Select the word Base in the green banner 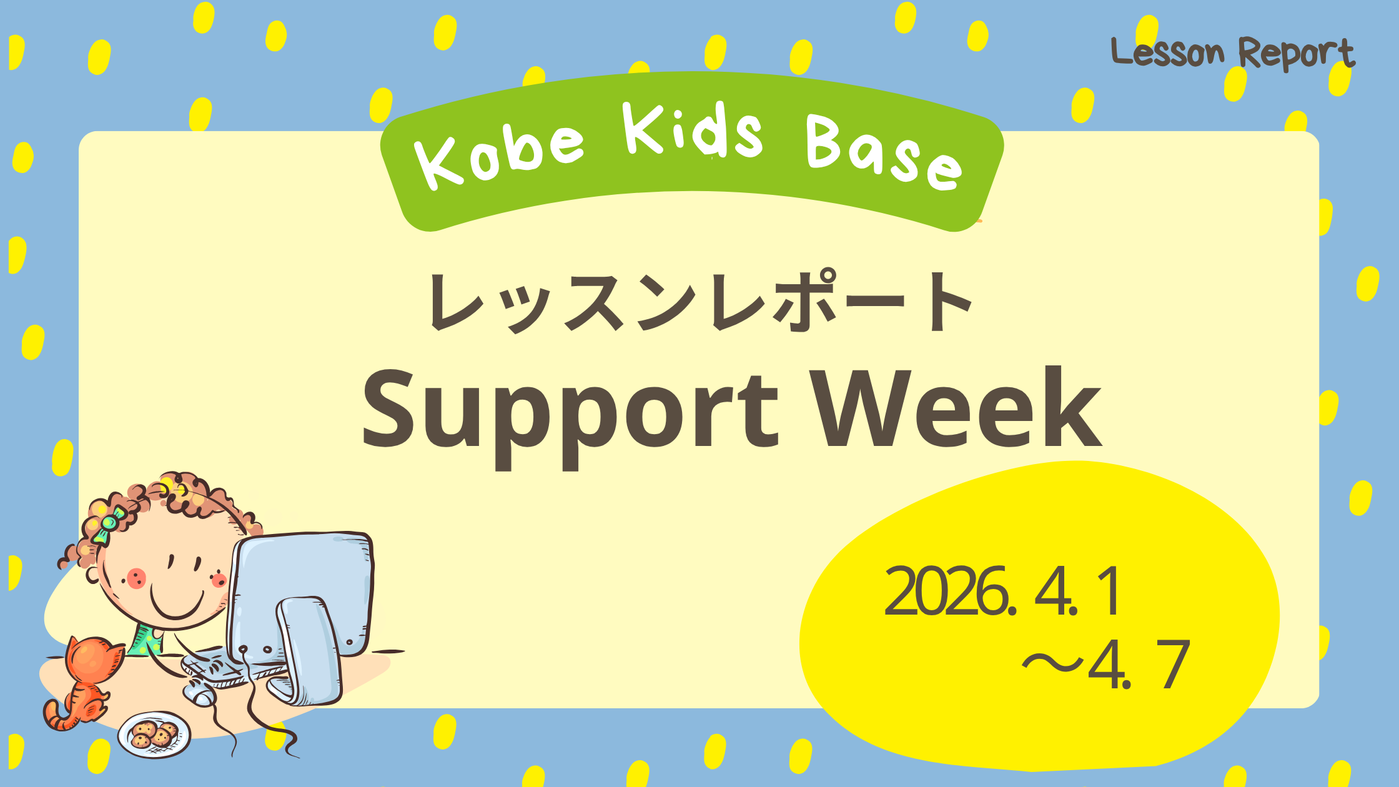884,153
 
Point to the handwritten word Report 1297,54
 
